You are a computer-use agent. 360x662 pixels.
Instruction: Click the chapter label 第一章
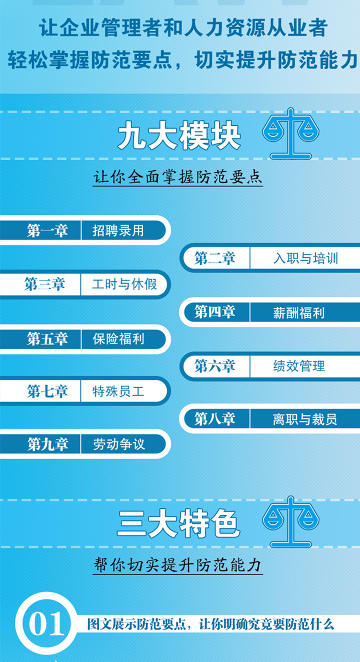pos(48,231)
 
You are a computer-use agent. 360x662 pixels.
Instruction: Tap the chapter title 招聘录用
pos(118,231)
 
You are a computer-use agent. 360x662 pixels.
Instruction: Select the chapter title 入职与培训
pos(306,258)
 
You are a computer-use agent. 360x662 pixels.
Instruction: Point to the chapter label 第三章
pos(44,284)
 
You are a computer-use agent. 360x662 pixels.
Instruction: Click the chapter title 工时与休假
pos(124,284)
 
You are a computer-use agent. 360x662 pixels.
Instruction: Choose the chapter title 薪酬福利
pos(299,313)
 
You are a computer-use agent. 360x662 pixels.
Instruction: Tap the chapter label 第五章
pos(48,339)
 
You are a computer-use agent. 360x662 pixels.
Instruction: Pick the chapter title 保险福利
pos(118,339)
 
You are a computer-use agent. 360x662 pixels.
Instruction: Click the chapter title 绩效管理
pos(299,366)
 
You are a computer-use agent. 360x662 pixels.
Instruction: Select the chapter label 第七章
pos(48,391)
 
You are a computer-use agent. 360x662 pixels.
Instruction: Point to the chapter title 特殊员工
pos(118,391)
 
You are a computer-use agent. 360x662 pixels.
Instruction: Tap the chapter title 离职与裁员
pos(305,419)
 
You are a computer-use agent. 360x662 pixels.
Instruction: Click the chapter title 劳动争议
pos(119,444)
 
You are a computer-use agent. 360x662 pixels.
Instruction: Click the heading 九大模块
pos(179,136)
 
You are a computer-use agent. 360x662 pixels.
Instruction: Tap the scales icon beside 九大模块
pos(291,133)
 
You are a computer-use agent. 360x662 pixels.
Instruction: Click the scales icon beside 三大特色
pos(291,522)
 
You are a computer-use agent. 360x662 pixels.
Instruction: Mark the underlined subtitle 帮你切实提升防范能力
pos(178,566)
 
